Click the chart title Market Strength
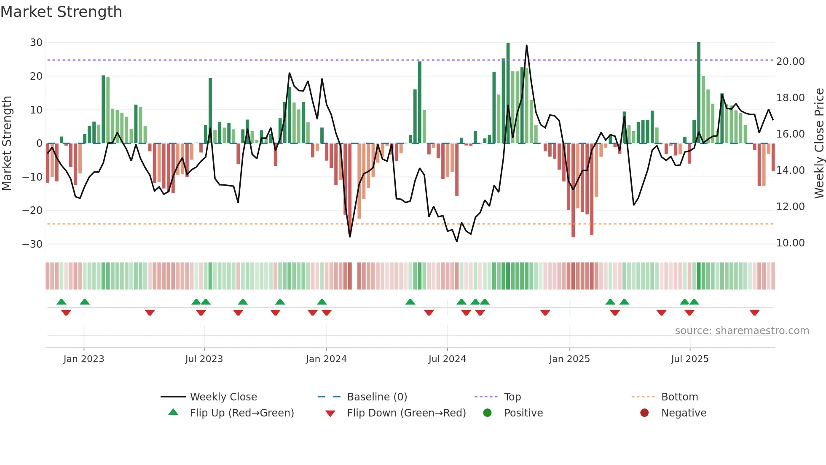pyautogui.click(x=61, y=12)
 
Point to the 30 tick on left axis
pyautogui.click(x=36, y=43)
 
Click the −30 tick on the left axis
pyautogui.click(x=32, y=244)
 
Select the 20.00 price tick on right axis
pyautogui.click(x=790, y=62)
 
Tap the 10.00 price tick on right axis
pyautogui.click(x=790, y=243)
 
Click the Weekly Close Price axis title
pyautogui.click(x=819, y=143)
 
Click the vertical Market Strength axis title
pyautogui.click(x=7, y=143)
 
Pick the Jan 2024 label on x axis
pyautogui.click(x=326, y=359)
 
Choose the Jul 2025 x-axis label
pyautogui.click(x=690, y=359)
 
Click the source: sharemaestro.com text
pyautogui.click(x=742, y=331)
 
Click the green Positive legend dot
pyautogui.click(x=488, y=413)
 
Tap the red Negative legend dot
pyautogui.click(x=644, y=413)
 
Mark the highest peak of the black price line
pyautogui.click(x=526, y=46)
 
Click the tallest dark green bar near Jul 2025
pyautogui.click(x=699, y=93)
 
